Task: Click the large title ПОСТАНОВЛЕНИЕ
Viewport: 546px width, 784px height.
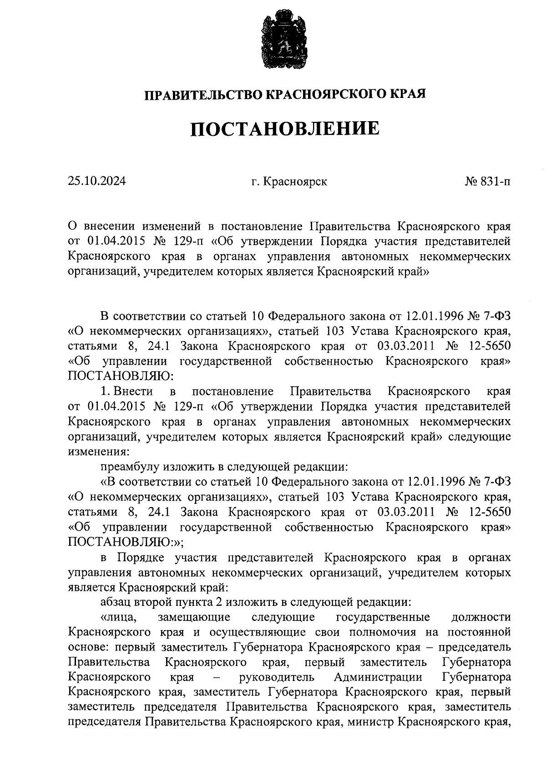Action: pos(284,128)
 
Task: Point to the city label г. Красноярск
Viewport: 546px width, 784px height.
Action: pos(289,182)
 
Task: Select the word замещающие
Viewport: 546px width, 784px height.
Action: pos(194,617)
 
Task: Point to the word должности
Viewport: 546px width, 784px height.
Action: pos(480,617)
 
